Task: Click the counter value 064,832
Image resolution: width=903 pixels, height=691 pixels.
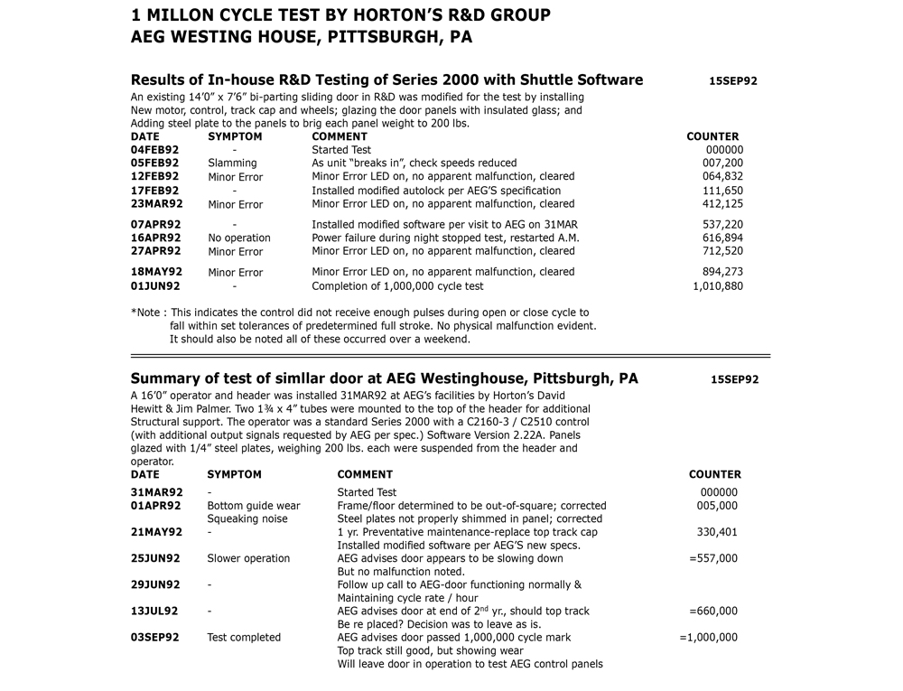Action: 722,177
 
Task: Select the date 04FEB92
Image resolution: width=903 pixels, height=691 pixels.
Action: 154,150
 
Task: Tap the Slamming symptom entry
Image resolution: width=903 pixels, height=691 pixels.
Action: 232,163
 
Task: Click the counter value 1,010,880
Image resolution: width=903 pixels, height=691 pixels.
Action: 718,286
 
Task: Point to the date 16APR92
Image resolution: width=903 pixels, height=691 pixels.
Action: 155,238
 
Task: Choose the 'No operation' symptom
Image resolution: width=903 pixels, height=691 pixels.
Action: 239,238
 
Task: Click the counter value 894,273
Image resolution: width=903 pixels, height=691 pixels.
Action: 722,272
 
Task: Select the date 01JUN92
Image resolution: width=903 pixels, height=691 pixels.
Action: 155,286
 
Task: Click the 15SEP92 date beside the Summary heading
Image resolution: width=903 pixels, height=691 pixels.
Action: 734,380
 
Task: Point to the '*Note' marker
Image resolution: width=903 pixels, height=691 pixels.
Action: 146,313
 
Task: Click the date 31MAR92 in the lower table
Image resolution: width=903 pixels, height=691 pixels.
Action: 156,493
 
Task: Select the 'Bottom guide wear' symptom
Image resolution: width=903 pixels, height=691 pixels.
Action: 254,506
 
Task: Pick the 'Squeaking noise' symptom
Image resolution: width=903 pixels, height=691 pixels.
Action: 247,519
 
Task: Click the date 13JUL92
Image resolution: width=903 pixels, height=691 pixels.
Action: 154,612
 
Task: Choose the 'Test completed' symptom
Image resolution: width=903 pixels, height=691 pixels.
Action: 244,638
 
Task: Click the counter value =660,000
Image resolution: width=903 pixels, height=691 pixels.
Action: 712,612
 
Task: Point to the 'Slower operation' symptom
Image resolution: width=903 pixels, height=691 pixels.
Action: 248,558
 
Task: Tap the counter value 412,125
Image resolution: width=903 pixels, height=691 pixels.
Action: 722,204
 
